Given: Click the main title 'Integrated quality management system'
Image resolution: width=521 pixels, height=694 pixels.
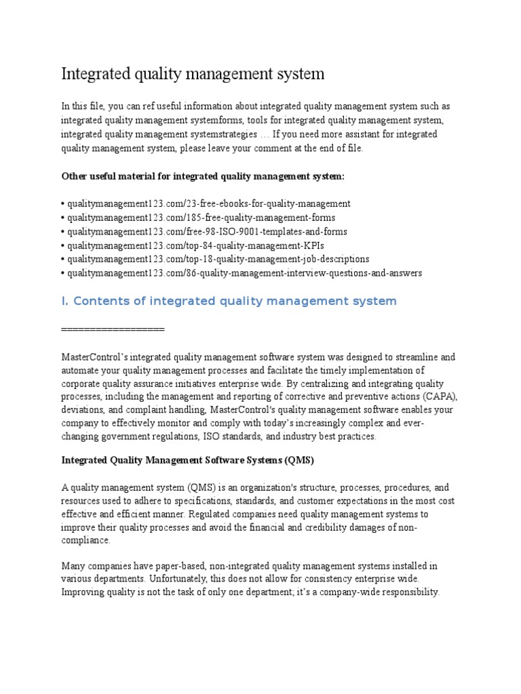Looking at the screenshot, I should pos(193,74).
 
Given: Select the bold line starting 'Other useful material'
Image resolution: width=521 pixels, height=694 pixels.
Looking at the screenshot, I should pos(203,176).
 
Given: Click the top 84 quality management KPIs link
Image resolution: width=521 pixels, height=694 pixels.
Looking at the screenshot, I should pos(191,245).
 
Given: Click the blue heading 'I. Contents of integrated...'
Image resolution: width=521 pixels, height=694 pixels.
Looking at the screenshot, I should pos(229,301).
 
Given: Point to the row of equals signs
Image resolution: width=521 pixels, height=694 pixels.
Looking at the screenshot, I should pos(113,329).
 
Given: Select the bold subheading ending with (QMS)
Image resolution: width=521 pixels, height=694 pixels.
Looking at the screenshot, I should pos(187,460).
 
